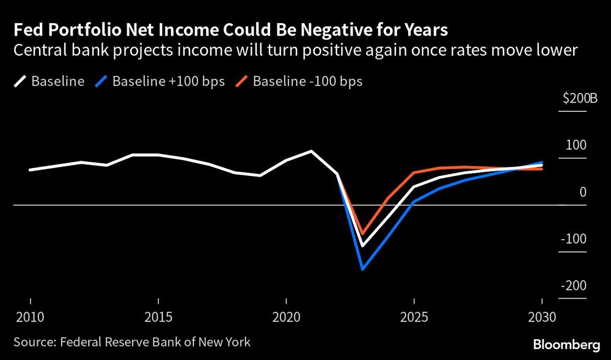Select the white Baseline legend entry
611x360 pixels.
click(49, 81)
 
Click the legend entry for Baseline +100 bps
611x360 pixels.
click(163, 81)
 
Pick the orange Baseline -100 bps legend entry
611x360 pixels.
click(299, 81)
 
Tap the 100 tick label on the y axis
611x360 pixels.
click(575, 145)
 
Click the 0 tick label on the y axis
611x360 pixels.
click(582, 192)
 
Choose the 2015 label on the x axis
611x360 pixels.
click(159, 318)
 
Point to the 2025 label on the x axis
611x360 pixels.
click(414, 318)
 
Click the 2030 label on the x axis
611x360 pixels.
click(541, 318)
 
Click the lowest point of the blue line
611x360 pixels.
click(363, 269)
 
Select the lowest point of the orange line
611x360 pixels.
click(363, 234)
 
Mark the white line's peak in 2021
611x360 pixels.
click(312, 151)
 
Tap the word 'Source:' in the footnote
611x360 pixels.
click(32, 342)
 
